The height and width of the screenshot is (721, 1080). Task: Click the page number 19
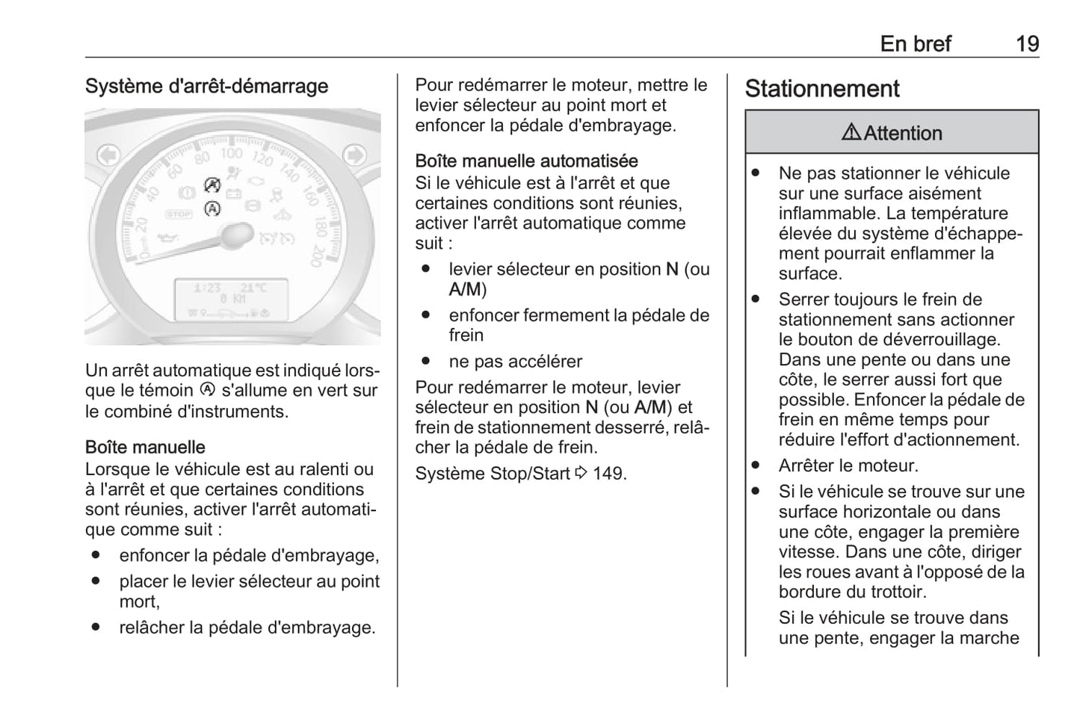pyautogui.click(x=1027, y=44)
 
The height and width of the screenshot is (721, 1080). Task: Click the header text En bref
pyautogui.click(x=915, y=44)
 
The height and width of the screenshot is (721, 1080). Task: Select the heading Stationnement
pyautogui.click(x=821, y=89)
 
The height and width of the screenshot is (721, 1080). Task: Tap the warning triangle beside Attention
pyautogui.click(x=851, y=133)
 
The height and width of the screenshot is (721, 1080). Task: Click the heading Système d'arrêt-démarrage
pyautogui.click(x=206, y=86)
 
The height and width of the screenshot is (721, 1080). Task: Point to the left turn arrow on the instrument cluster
pyautogui.click(x=108, y=155)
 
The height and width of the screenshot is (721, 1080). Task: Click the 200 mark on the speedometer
pyautogui.click(x=315, y=256)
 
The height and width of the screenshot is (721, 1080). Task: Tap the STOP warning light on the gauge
pyautogui.click(x=179, y=214)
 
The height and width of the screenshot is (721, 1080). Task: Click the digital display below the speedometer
pyautogui.click(x=231, y=300)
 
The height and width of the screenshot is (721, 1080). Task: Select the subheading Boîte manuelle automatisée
pyautogui.click(x=526, y=161)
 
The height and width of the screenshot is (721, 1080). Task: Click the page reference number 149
pyautogui.click(x=609, y=474)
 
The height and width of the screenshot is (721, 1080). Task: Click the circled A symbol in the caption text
pyautogui.click(x=207, y=390)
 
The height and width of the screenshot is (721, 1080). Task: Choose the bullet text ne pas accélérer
pyautogui.click(x=515, y=362)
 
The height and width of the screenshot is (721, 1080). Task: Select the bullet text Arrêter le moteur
pyautogui.click(x=848, y=466)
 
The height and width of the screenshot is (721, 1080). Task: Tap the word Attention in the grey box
pyautogui.click(x=903, y=134)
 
